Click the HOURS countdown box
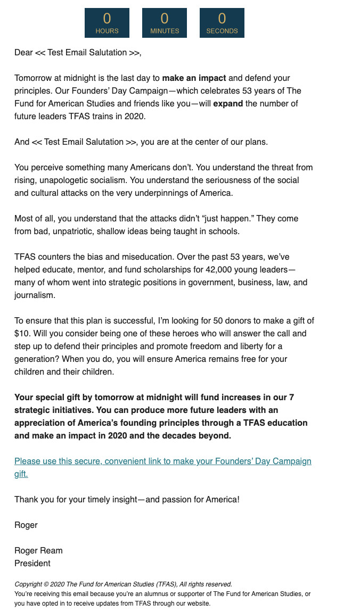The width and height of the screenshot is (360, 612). pos(107,23)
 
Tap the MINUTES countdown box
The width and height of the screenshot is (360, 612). pos(165,23)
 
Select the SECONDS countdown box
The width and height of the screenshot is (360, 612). pos(222,23)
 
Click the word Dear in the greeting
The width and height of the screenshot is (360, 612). pos(23,53)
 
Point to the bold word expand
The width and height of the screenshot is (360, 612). pos(228,103)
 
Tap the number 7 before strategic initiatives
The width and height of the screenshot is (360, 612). pos(291,397)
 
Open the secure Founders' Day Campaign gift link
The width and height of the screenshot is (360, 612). pos(162,461)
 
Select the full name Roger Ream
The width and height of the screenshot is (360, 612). pos(38,550)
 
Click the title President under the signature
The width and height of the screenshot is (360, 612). pos(32,563)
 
